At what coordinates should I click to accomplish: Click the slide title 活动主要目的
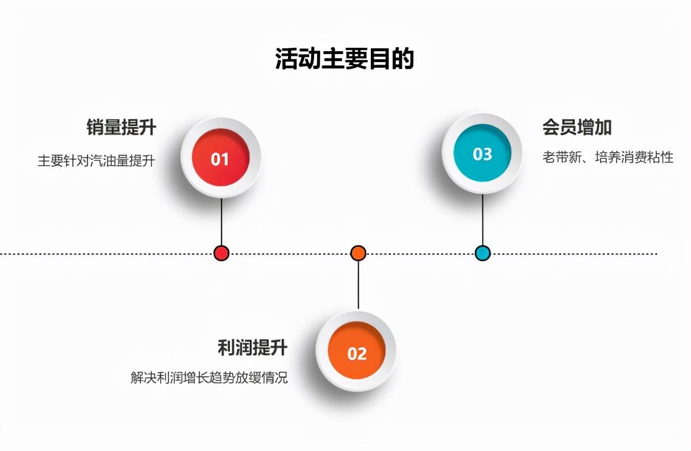point(344,59)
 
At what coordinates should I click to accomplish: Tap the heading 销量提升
point(121,127)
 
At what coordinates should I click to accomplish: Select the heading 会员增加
point(577,127)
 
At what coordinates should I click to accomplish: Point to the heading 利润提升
point(252,347)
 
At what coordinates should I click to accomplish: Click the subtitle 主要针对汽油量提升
point(97,160)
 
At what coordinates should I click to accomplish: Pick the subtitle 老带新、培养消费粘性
point(608,157)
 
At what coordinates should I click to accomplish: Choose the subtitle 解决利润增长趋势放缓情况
point(209,378)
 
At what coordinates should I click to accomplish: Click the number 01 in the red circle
point(220,159)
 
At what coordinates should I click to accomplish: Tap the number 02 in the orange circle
point(357,354)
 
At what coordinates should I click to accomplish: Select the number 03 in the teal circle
point(482,154)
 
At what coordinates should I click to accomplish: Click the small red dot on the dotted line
point(221,253)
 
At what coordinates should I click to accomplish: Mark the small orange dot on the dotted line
point(358,253)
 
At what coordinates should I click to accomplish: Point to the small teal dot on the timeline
point(482,253)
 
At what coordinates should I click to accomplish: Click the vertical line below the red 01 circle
point(221,221)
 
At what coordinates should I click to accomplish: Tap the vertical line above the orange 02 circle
point(358,285)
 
